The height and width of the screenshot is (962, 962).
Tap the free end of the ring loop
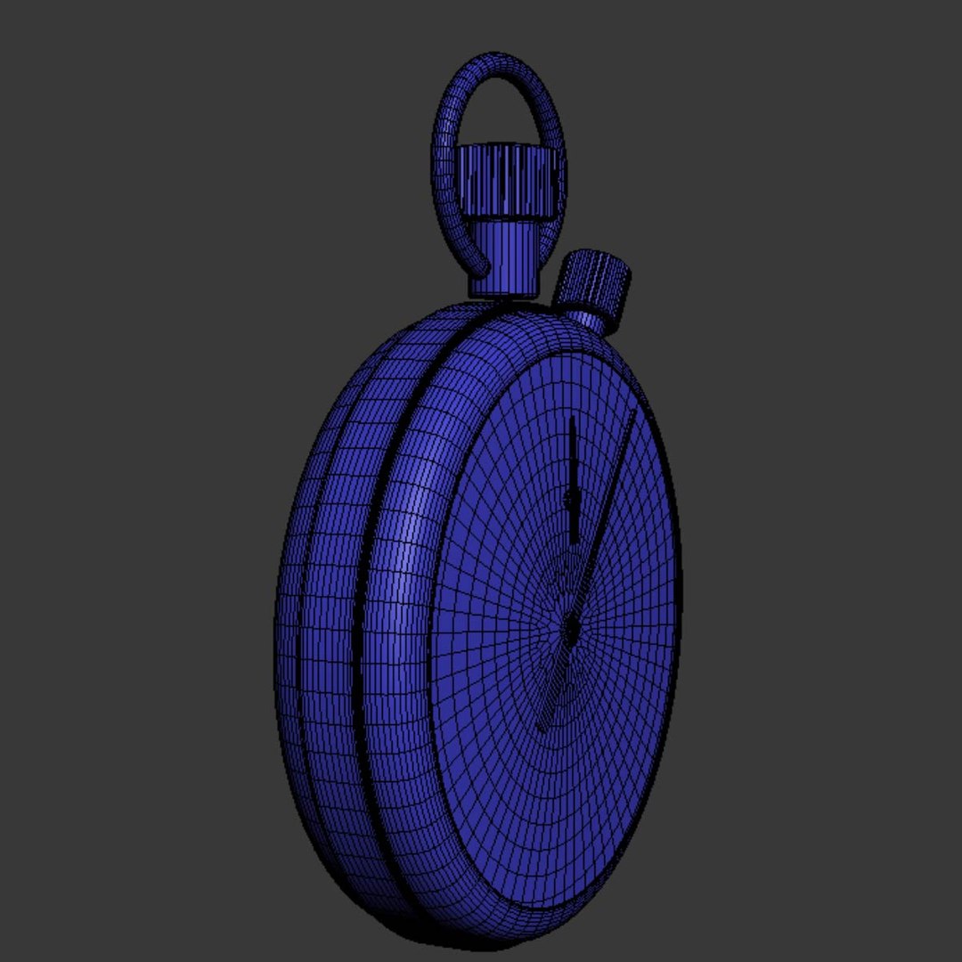pyautogui.click(x=482, y=266)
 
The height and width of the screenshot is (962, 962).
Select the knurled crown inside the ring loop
pyautogui.click(x=509, y=182)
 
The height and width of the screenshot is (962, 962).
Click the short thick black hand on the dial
pyautogui.click(x=573, y=481)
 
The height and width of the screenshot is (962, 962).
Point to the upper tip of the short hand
pyautogui.click(x=572, y=419)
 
